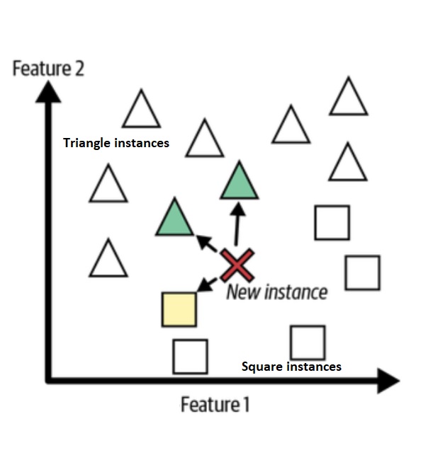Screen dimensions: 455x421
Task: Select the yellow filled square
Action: (x=179, y=309)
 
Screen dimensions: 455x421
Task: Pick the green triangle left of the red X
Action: (x=174, y=218)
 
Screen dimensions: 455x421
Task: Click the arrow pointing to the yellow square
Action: (x=207, y=283)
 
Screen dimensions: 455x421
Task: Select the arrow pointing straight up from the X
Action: (x=237, y=223)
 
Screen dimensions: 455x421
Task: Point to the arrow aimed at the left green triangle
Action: (x=208, y=243)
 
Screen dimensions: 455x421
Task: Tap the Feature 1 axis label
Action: (x=215, y=405)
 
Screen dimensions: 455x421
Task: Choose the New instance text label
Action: (x=276, y=292)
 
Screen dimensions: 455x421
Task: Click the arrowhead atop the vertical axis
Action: (x=47, y=92)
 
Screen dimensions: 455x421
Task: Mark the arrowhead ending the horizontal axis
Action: (x=388, y=380)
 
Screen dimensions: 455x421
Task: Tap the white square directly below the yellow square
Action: (x=190, y=356)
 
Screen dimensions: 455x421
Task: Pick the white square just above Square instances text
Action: (x=308, y=342)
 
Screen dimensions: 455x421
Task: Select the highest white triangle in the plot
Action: (x=348, y=99)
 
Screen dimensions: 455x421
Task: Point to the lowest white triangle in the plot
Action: (x=108, y=260)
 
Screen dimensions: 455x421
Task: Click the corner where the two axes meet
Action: (x=48, y=380)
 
